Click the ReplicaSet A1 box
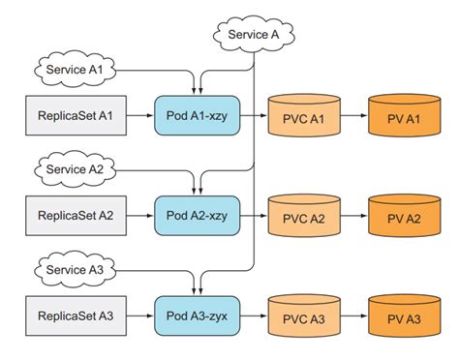pos(76,115)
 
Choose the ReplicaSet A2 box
pos(76,214)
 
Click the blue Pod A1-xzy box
pos(198,115)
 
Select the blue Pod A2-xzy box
pos(198,214)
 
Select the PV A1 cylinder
pos(406,116)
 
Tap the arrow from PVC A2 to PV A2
pos(355,214)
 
